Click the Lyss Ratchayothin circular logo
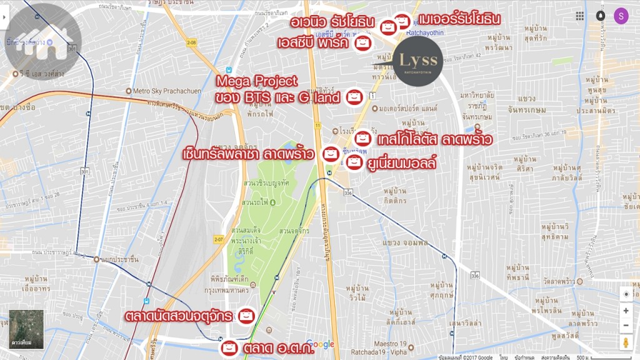(x=419, y=59)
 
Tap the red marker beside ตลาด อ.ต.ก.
(x=229, y=347)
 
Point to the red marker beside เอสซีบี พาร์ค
(x=362, y=43)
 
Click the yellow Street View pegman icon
(x=626, y=342)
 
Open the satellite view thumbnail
(x=26, y=327)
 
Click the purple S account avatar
(x=621, y=16)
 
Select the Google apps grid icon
(x=580, y=16)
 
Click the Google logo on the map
(x=321, y=344)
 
